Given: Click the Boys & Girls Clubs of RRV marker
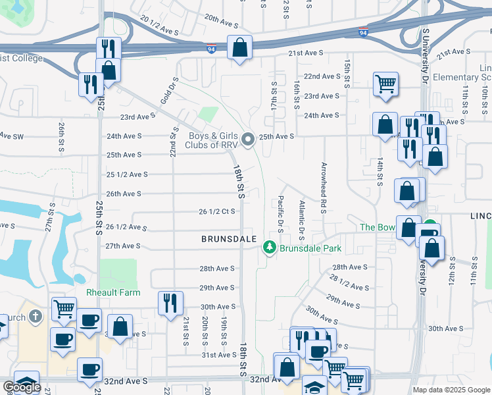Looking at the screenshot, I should point(248,139).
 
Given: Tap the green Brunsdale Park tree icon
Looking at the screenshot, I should point(269,248).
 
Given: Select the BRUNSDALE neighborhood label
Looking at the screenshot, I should point(228,240).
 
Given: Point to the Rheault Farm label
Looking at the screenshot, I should point(109,292).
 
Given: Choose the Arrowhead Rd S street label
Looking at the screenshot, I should point(324,188).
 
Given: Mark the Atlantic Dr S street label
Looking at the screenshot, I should point(302,220).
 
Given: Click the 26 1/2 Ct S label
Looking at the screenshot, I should point(217,211).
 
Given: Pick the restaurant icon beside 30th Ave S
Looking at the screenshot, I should point(170,303).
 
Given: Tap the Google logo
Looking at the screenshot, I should point(22,386).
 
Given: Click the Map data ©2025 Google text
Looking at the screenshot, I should point(451,390).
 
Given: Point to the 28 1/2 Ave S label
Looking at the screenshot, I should point(347,282).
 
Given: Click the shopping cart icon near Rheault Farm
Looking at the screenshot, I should point(64,308).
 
